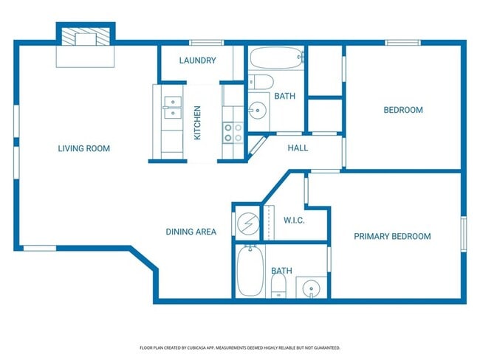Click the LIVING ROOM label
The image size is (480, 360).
[84, 149]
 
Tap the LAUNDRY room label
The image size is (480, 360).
[197, 60]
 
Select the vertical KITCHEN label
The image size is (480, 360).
[197, 123]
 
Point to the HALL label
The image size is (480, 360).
[298, 148]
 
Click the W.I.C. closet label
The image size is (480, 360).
[294, 221]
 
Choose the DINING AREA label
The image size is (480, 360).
[191, 232]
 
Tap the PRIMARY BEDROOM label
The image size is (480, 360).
[392, 236]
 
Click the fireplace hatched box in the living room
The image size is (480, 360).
[86, 37]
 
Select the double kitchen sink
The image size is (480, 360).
[172, 108]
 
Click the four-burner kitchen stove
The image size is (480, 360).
[233, 133]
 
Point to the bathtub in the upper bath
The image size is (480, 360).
[276, 58]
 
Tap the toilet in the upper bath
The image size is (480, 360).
[260, 82]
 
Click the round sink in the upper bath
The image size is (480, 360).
[258, 110]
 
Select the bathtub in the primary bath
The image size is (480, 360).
[250, 271]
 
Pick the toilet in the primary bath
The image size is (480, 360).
[278, 286]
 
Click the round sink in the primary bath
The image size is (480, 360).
[312, 288]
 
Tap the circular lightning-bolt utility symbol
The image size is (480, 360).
[248, 224]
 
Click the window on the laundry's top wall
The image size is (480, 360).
[206, 43]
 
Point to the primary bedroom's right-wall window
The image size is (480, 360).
[464, 234]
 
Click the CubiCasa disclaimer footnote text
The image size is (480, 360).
[240, 347]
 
